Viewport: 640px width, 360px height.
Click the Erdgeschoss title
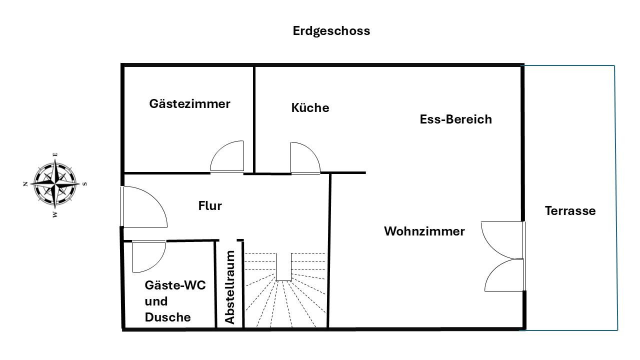click(331, 31)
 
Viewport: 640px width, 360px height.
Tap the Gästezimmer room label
click(189, 103)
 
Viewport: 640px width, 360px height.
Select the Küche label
click(310, 107)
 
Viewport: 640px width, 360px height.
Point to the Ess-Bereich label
click(455, 119)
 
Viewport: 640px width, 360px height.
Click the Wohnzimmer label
click(424, 231)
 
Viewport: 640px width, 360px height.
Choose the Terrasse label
click(570, 211)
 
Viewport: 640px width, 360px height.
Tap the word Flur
click(210, 205)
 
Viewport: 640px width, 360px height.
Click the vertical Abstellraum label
click(229, 287)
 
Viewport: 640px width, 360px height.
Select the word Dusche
click(167, 317)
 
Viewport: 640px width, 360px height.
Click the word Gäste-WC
click(175, 285)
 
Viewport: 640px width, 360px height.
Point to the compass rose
click(55, 184)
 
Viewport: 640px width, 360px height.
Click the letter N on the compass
click(25, 184)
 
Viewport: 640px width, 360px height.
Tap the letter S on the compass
click(85, 184)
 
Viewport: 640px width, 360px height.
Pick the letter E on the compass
click(55, 154)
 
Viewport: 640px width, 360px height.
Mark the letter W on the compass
click(55, 214)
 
